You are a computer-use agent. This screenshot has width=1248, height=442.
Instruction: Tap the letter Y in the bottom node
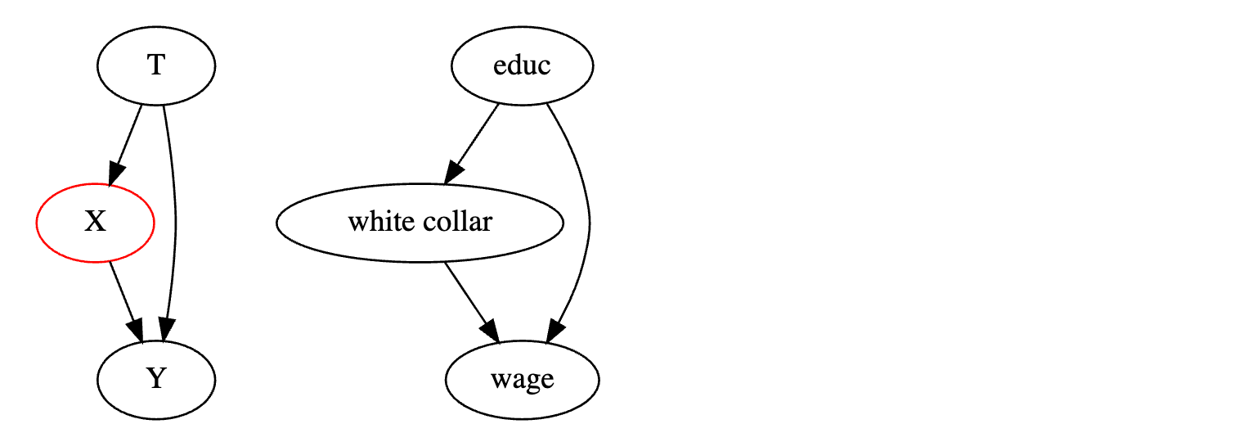click(155, 380)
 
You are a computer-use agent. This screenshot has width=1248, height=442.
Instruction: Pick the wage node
click(522, 380)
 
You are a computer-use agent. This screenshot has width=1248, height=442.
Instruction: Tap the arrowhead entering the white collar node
click(453, 172)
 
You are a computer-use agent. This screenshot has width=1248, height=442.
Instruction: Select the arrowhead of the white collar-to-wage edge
click(489, 330)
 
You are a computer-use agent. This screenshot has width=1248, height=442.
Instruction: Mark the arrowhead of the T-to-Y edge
click(166, 331)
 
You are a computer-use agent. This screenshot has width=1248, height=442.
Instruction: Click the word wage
click(522, 380)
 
